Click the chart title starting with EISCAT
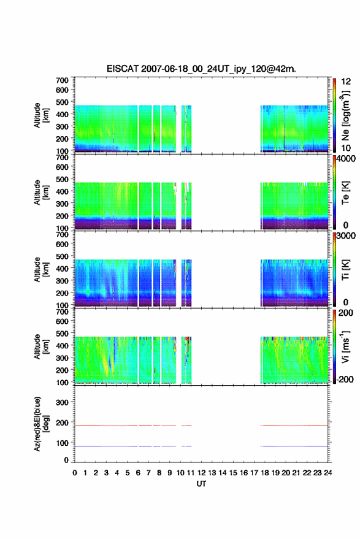point(201,69)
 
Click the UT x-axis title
point(201,484)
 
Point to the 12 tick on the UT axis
point(201,473)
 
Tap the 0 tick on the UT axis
point(75,473)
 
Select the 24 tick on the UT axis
point(327,473)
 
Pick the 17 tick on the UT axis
point(254,473)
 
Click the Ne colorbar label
point(345,116)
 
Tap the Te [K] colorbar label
point(345,193)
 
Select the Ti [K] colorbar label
point(345,270)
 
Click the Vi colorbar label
point(345,346)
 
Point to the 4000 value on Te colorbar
point(346,159)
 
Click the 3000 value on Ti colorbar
point(346,236)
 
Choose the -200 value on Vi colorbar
point(344,379)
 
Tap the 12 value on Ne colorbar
point(346,82)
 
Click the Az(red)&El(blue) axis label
point(41,424)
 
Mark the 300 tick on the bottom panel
point(62,402)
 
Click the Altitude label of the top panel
point(41,115)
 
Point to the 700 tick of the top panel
point(62,80)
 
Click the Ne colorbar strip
point(334,115)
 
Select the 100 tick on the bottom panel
point(62,443)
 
